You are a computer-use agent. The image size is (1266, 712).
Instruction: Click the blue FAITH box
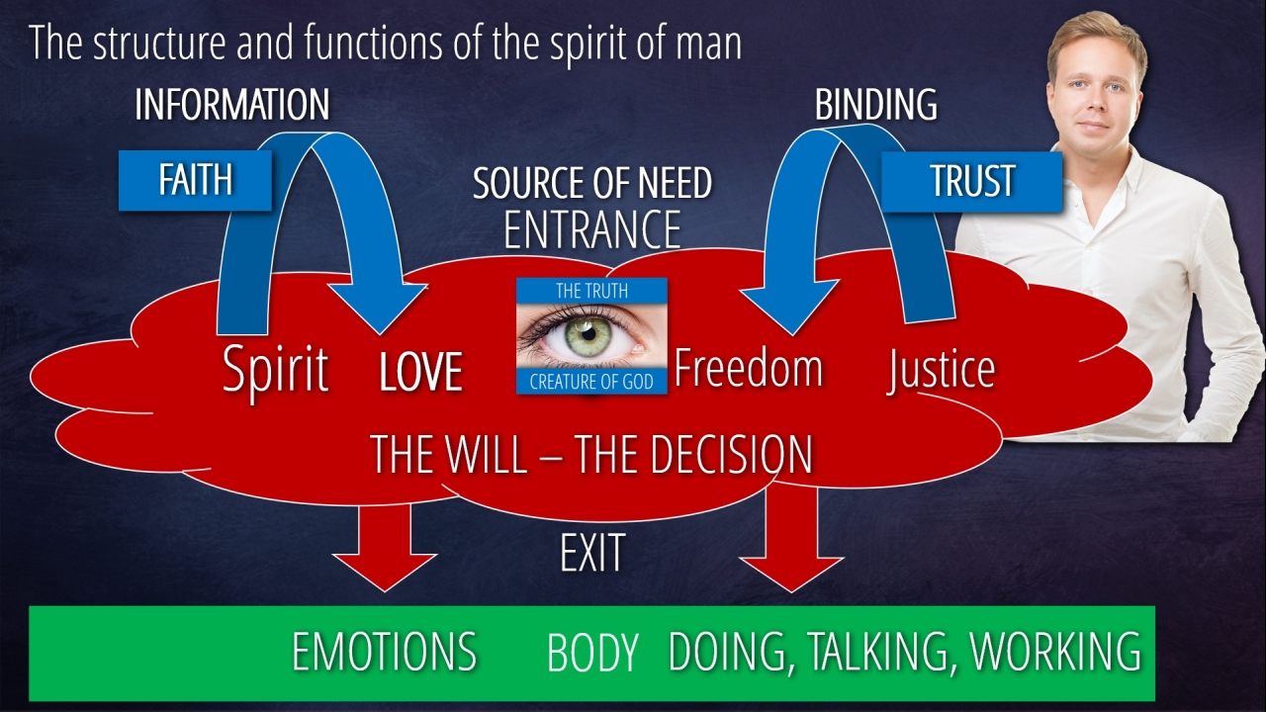pos(195,180)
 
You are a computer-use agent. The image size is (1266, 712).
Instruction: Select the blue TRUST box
pos(971,181)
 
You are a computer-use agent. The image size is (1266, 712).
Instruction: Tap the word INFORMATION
pos(231,105)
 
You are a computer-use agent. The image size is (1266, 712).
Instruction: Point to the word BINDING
pos(875,105)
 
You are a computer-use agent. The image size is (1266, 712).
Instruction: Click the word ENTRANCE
pos(591,229)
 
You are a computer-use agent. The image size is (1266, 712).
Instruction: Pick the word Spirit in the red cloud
pos(275,371)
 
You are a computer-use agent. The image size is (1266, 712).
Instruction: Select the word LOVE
pos(421,373)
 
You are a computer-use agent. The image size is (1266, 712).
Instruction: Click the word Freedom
pos(748,368)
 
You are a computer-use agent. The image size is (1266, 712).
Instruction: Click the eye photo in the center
pos(591,336)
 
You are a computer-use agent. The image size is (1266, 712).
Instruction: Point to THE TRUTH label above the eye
pos(591,291)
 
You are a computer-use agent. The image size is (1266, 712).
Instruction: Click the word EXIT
pos(591,554)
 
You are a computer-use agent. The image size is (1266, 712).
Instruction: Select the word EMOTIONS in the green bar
pos(384,653)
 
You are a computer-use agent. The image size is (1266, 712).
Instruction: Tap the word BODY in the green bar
pos(591,654)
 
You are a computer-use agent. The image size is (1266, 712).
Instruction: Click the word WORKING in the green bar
pos(1055,652)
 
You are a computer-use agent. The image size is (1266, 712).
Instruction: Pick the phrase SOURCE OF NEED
pos(591,183)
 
